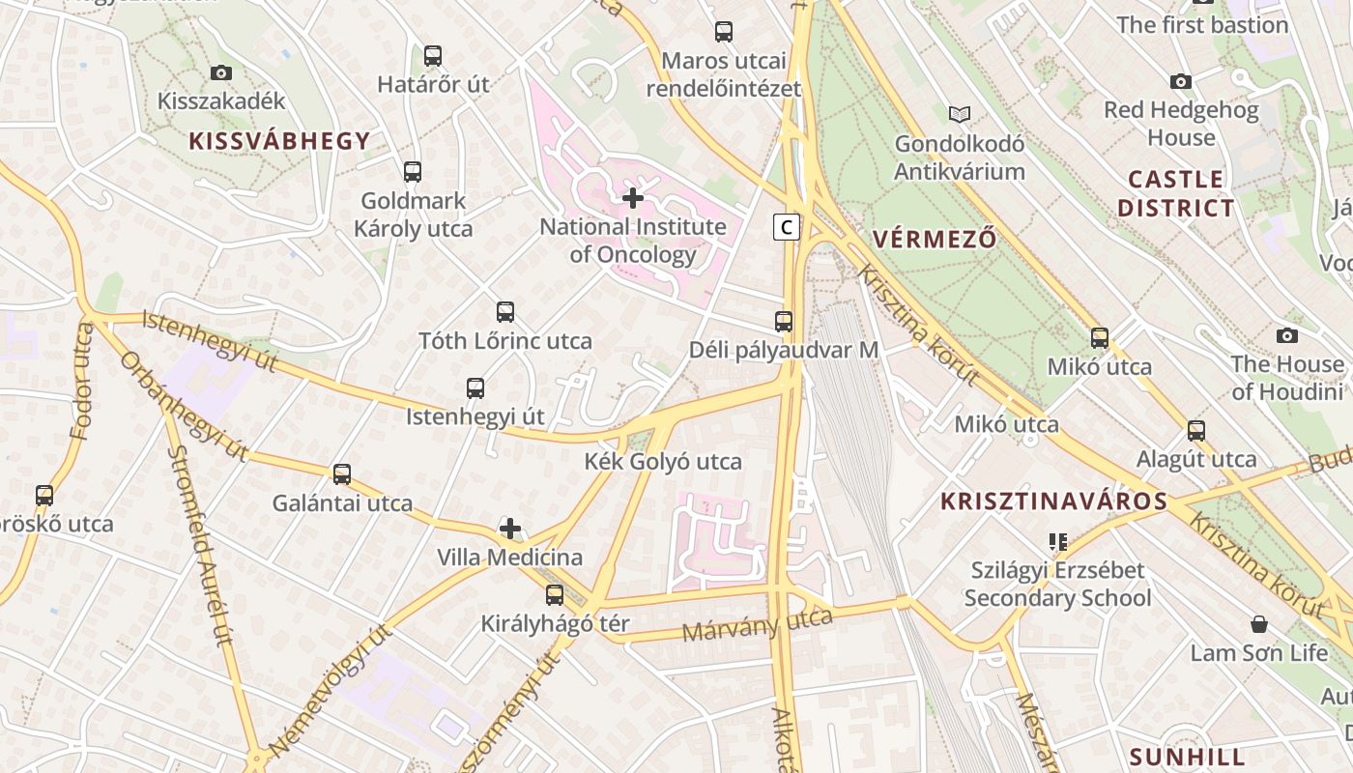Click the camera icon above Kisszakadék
[x=221, y=72]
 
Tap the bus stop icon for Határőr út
[x=433, y=56]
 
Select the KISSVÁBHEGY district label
[x=280, y=141]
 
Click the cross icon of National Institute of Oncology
[x=633, y=198]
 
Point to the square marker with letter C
[x=787, y=227]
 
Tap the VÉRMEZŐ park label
[x=934, y=239]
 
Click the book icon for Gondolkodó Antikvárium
[x=959, y=115]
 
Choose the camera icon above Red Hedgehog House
[x=1181, y=81]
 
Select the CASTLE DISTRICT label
[x=1175, y=193]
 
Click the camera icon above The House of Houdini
[x=1287, y=335]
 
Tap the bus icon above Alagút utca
[x=1196, y=431]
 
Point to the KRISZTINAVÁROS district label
[x=1054, y=501]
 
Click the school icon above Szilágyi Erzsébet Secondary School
[x=1057, y=542]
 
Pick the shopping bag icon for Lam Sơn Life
[x=1258, y=624]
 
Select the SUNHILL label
[x=1187, y=756]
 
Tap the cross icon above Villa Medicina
[x=510, y=529]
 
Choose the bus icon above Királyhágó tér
[x=555, y=595]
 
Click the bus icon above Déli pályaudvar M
[x=784, y=322]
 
